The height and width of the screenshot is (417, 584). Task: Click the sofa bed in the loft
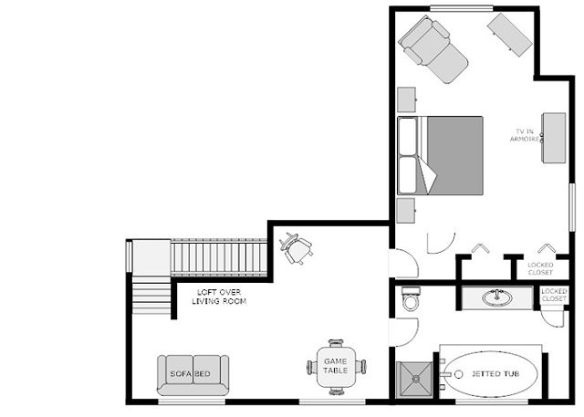point(193,374)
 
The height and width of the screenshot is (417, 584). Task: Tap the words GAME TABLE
point(332,367)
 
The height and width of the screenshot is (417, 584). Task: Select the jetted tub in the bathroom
point(491,374)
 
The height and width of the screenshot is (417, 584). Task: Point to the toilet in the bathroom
point(412,298)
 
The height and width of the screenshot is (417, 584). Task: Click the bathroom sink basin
point(497,297)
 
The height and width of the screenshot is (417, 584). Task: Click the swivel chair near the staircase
point(296,246)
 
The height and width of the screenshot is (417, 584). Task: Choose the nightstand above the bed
point(407,98)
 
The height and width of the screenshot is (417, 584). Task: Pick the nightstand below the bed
point(407,209)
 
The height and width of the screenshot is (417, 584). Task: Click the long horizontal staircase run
point(219,257)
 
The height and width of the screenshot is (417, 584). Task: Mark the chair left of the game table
point(310,367)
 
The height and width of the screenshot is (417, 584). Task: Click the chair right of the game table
point(362,367)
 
